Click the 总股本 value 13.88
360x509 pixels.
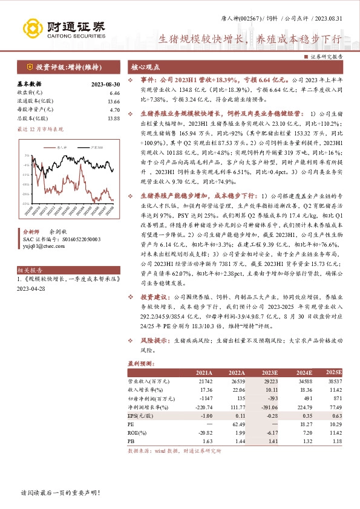coord(113,118)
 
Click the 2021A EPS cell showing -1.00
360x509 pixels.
coord(206,416)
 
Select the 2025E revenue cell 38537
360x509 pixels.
coord(333,382)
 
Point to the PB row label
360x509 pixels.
coord(131,441)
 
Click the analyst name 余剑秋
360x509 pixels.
coord(58,232)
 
